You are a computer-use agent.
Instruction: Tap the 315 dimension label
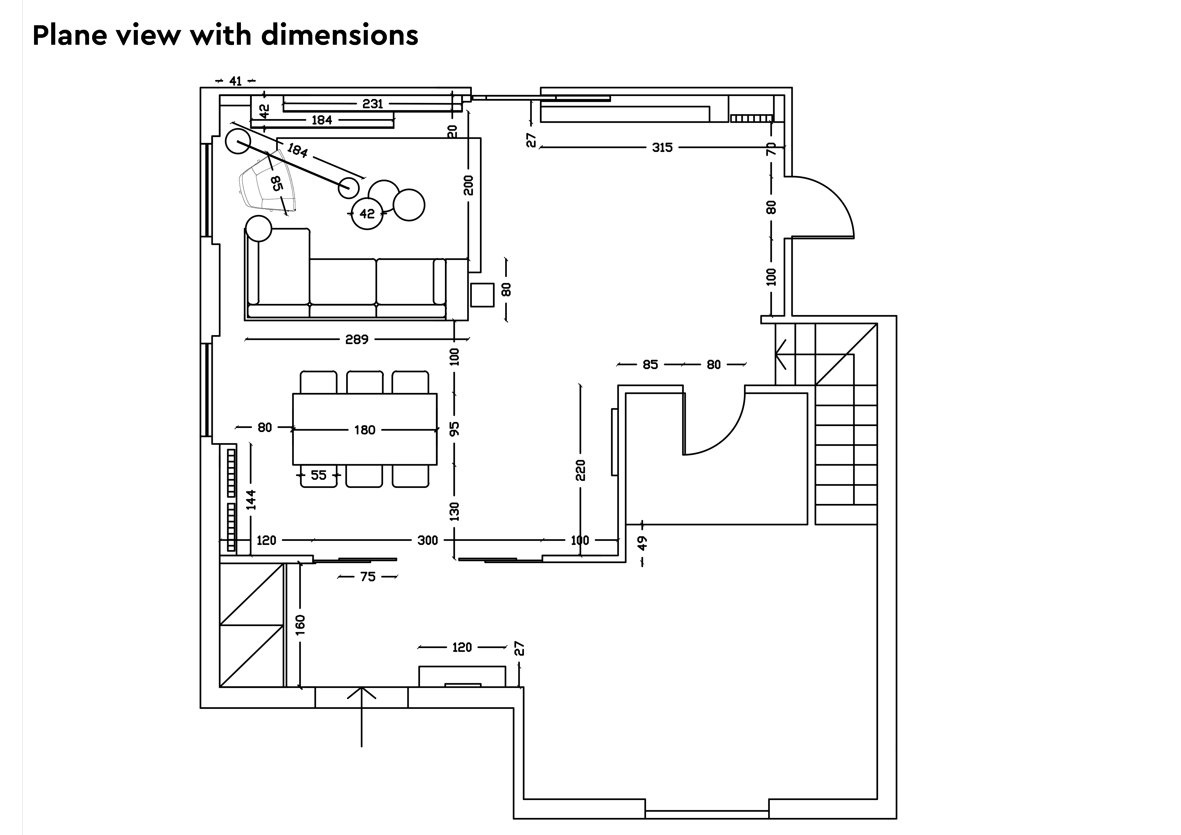[x=662, y=148]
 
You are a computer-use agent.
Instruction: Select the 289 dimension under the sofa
[x=357, y=339]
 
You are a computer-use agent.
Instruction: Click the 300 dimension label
[x=428, y=540]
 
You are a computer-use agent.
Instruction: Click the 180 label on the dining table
[x=365, y=430]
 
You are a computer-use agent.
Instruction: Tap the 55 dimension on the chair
[x=318, y=475]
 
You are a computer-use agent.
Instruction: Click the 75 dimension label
[x=368, y=577]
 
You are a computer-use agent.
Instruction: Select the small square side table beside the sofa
[x=483, y=295]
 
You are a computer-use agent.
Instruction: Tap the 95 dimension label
[x=454, y=428]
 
